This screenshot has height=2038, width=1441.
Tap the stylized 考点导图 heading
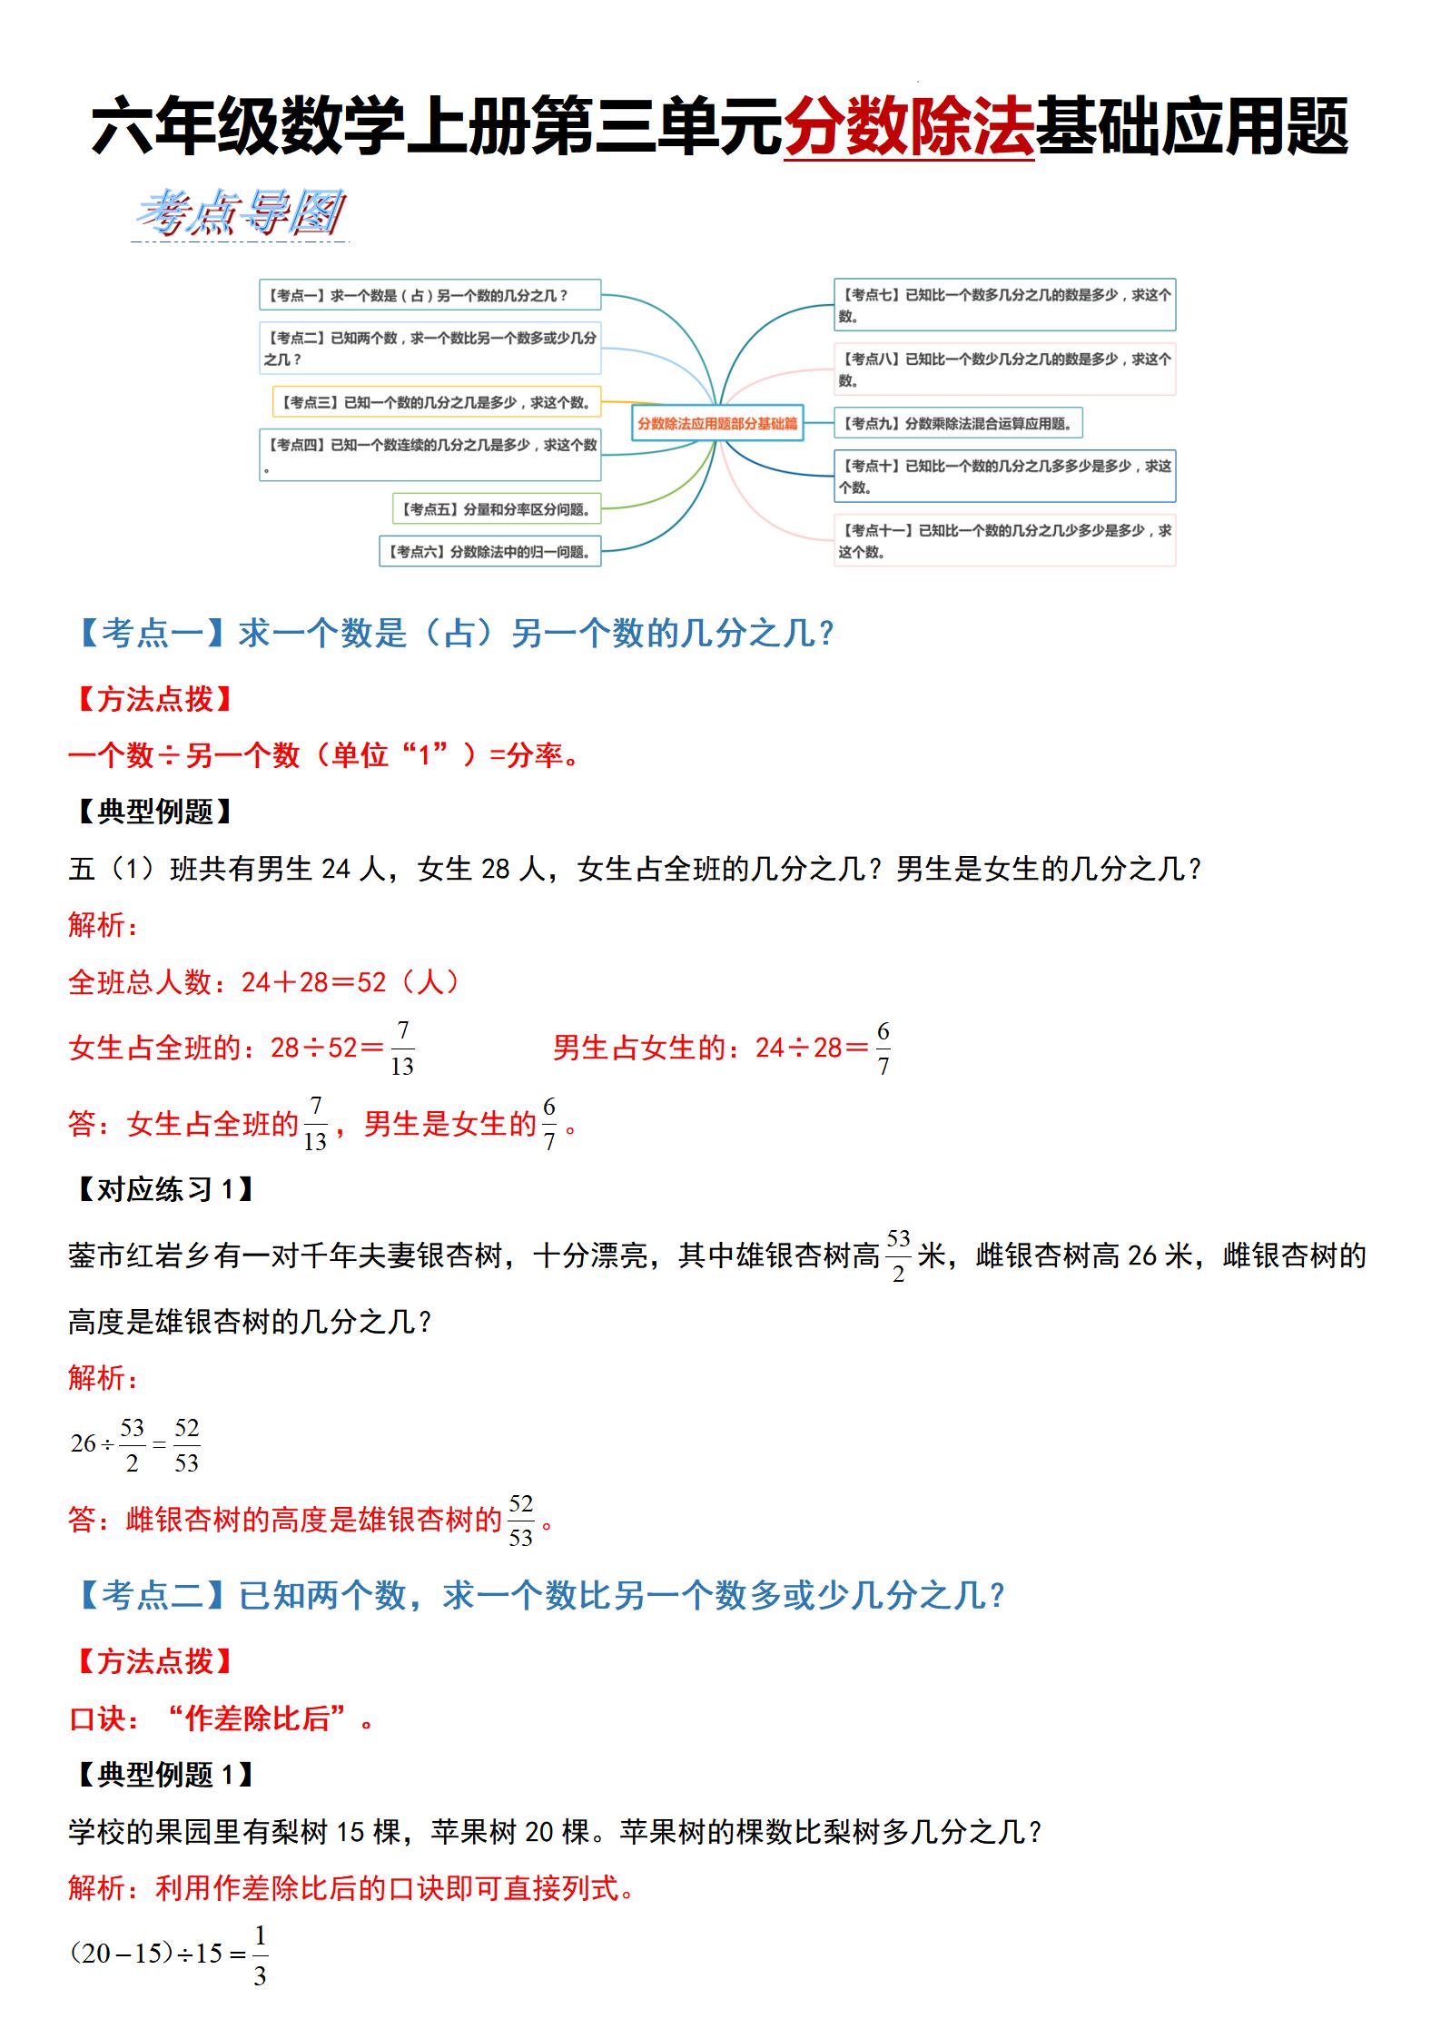tap(240, 214)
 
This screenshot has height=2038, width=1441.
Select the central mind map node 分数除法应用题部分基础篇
tap(717, 423)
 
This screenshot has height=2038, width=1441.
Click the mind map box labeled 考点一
tap(429, 295)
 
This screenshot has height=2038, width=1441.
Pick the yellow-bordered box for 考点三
tap(437, 402)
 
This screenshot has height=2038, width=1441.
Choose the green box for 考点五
tap(496, 509)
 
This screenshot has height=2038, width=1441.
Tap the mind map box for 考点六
tap(489, 551)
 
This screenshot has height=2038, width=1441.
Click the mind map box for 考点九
tap(958, 423)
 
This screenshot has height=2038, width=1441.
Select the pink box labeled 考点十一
tap(1004, 541)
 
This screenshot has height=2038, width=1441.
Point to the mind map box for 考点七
tap(1004, 305)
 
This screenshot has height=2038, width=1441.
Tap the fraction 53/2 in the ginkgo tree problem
tap(898, 1255)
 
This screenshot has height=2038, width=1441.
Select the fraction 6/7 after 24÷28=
tap(883, 1049)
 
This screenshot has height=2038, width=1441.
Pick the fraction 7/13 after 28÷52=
tap(402, 1049)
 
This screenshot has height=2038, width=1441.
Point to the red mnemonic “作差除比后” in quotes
tap(257, 1718)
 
